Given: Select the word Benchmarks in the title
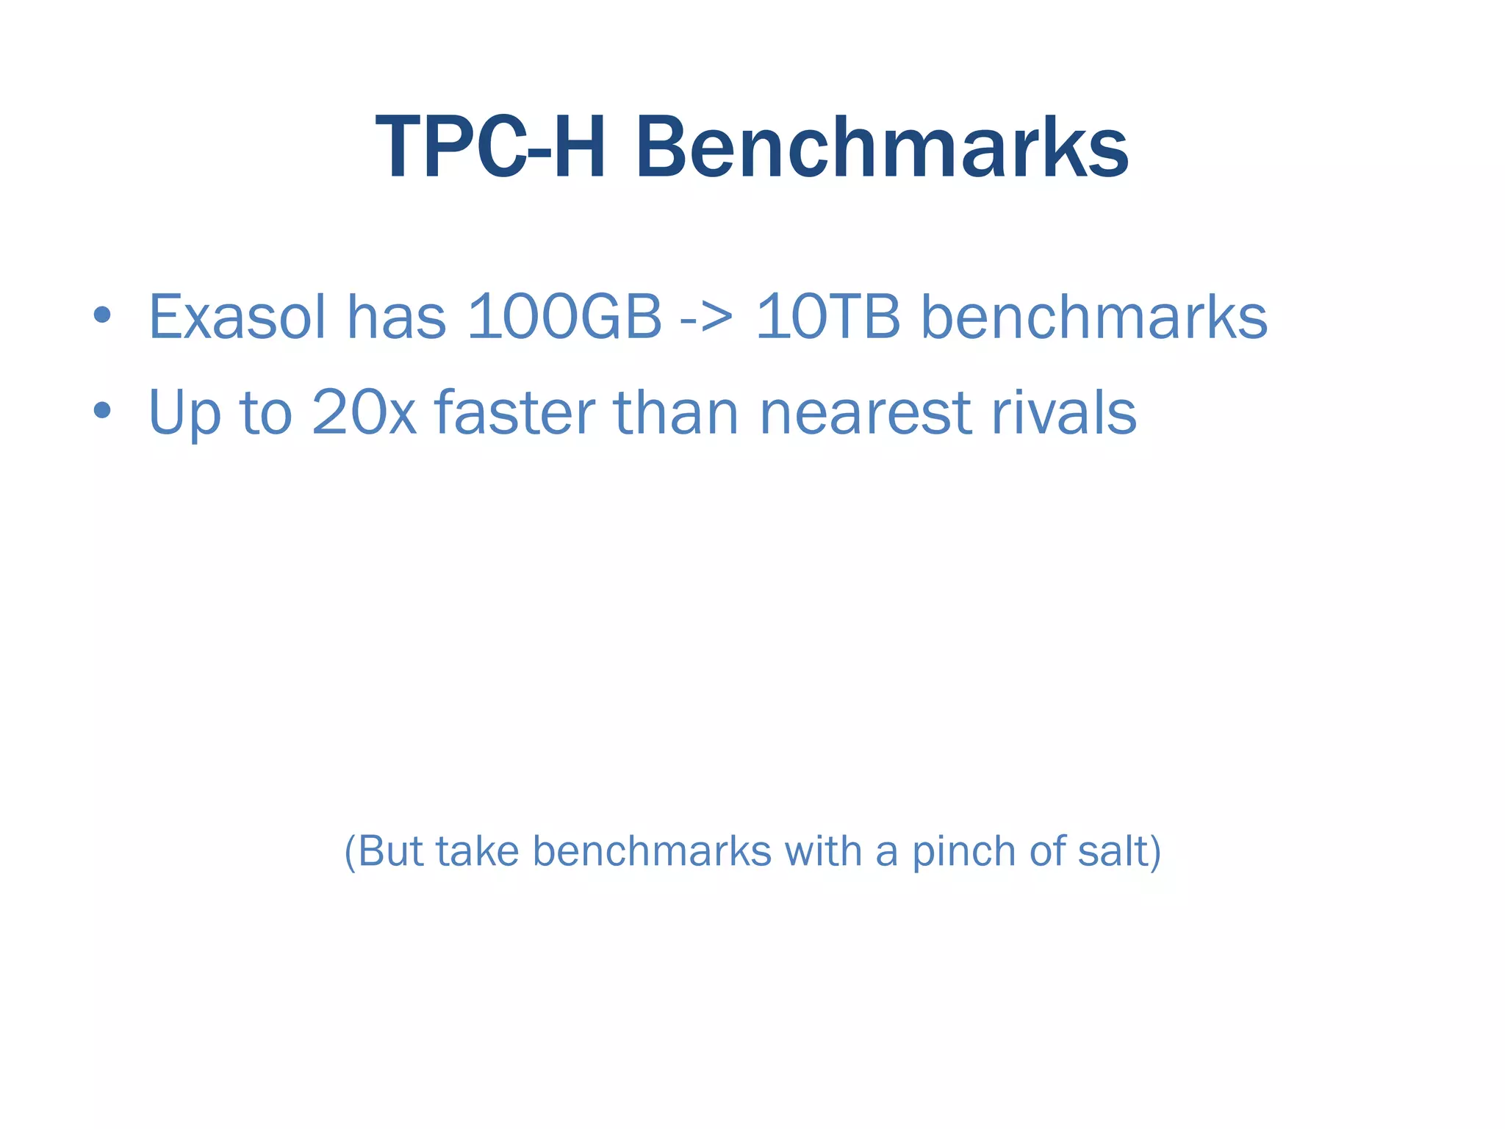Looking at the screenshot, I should (x=882, y=148).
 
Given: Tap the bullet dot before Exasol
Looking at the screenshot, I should (x=102, y=316).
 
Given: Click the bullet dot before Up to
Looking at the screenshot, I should (x=102, y=411).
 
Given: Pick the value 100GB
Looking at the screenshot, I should (x=564, y=317).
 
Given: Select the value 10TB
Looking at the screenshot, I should (x=828, y=317).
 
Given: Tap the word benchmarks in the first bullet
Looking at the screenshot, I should (x=1094, y=317).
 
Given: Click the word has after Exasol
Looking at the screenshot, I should (x=396, y=317).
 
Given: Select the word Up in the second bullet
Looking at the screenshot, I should (x=184, y=413).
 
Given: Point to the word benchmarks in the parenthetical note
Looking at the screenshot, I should (x=652, y=851).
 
